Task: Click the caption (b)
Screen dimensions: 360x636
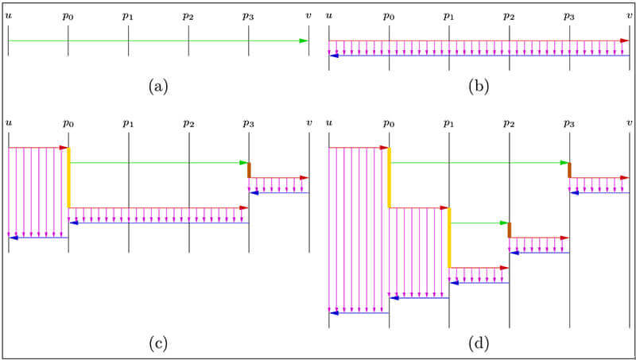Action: tap(479, 86)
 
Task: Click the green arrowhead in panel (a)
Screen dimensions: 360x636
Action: tap(304, 41)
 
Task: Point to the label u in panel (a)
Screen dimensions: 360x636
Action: tap(8, 16)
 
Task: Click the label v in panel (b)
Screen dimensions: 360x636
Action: tap(630, 16)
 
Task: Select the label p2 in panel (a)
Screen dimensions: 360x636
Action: tap(188, 16)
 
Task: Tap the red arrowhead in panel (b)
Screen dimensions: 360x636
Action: tap(624, 41)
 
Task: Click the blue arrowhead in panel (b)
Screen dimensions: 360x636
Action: tap(334, 56)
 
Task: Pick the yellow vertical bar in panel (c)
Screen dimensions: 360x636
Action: tap(69, 177)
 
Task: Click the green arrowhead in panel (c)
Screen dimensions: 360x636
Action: tap(244, 162)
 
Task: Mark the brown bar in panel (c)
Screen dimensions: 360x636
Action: tap(249, 170)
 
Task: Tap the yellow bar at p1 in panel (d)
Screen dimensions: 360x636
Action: tap(449, 238)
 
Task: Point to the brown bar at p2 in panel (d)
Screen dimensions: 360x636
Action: tap(510, 230)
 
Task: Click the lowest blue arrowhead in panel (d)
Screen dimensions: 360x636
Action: tap(334, 312)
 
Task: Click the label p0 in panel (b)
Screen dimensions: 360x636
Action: tap(389, 16)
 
